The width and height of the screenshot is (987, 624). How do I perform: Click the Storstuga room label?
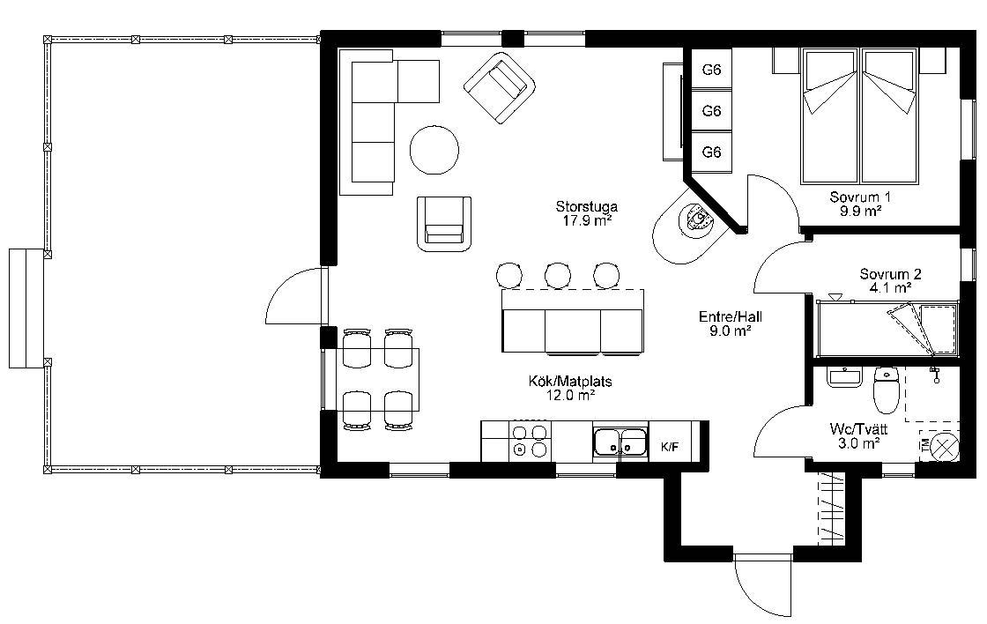click(587, 206)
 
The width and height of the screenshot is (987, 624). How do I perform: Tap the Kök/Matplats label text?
click(570, 381)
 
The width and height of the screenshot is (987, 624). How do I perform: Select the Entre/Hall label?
click(731, 316)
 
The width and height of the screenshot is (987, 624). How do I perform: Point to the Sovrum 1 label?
click(860, 197)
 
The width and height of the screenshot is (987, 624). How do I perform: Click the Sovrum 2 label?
click(891, 274)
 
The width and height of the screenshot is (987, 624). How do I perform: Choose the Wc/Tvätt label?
click(858, 429)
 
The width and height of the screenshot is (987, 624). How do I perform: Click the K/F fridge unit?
click(670, 447)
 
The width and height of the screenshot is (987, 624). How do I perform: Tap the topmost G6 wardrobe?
click(711, 70)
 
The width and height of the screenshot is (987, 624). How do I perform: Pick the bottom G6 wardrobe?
click(711, 152)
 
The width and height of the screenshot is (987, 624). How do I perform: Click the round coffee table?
click(434, 150)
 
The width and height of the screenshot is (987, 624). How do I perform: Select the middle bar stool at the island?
click(558, 275)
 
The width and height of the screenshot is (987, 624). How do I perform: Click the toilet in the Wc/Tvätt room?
click(886, 390)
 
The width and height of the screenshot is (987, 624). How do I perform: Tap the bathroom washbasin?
click(842, 378)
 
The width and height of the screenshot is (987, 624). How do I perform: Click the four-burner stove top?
click(530, 441)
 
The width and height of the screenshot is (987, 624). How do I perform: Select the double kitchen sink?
click(620, 442)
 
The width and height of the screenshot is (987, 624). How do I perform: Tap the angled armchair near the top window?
click(500, 87)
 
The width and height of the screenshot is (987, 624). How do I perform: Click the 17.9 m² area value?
click(587, 220)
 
